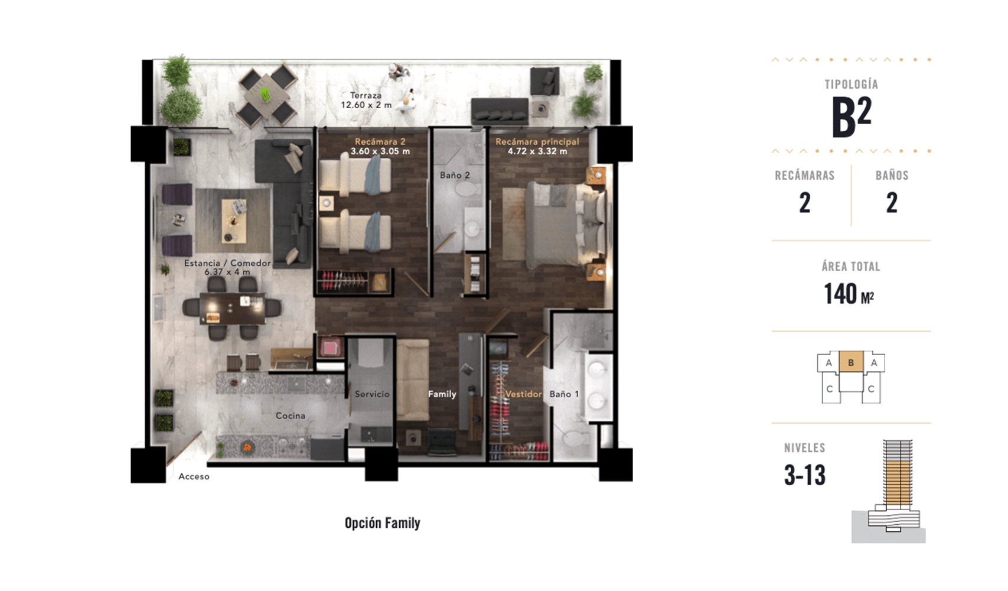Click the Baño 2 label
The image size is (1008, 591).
tap(455, 175)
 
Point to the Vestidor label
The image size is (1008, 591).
tap(523, 394)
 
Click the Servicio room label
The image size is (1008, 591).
tap(372, 394)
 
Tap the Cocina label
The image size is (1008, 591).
tap(291, 416)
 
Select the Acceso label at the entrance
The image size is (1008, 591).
tap(194, 476)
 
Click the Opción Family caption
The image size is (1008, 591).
tap(382, 523)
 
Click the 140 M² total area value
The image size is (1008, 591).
tap(849, 294)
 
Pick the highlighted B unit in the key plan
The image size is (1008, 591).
tap(851, 362)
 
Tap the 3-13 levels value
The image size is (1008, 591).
tap(804, 475)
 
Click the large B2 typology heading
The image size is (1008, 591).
tap(851, 116)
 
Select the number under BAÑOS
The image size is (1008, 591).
tap(892, 203)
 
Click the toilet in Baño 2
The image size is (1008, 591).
tap(470, 190)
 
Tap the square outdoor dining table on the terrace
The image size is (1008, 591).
tap(267, 95)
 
